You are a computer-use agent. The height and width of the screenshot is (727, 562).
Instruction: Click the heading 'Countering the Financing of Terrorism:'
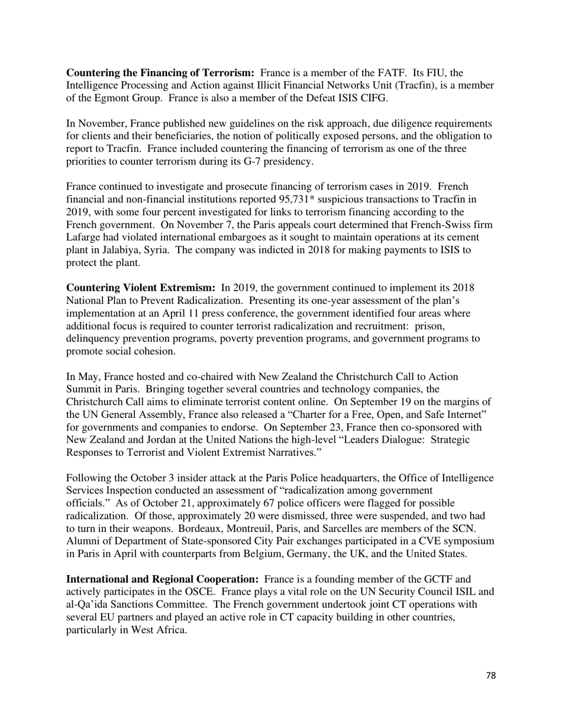point(160,73)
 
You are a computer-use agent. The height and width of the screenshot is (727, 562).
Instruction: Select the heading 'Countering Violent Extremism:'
point(141,288)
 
